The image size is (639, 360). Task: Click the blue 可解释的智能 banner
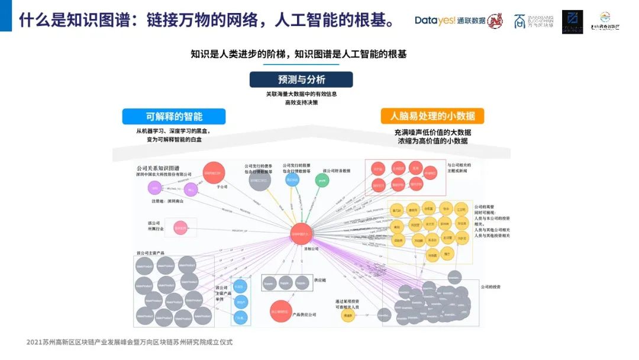[x=174, y=116]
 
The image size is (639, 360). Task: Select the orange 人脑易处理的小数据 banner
[x=432, y=116]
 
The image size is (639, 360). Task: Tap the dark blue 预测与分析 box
[x=301, y=79]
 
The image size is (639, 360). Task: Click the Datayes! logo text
[x=435, y=21]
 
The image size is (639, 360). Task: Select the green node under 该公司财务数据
[x=322, y=179]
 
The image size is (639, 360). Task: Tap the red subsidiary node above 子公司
[x=214, y=173]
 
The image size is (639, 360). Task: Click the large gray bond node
[x=260, y=179]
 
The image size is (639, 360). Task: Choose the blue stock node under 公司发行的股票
[x=292, y=179]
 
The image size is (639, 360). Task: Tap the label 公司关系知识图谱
[x=158, y=168]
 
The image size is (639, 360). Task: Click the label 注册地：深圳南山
[x=167, y=202]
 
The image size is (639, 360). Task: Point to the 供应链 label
[x=320, y=279]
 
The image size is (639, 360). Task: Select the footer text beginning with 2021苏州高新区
[x=130, y=342]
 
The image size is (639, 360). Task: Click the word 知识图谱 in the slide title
[x=92, y=21]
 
